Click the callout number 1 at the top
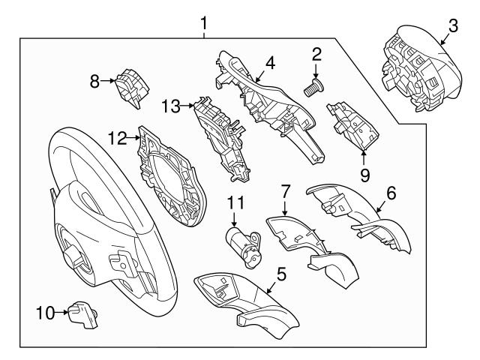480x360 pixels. point(203,25)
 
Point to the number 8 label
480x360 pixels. point(95,81)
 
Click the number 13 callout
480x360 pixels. point(171,107)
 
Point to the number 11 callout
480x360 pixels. point(236,202)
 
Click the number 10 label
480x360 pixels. point(44,313)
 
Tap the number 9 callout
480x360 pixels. point(364,175)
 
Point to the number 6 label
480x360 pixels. point(390,193)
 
